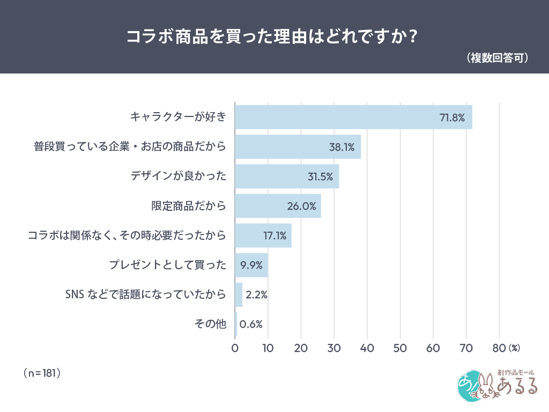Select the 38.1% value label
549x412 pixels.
point(342,147)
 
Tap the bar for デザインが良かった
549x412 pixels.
point(286,176)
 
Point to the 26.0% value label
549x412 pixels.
point(301,206)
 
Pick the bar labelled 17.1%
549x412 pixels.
point(263,236)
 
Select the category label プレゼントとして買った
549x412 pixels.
point(167,265)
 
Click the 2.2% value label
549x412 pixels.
point(256,295)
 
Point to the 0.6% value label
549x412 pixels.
point(251,324)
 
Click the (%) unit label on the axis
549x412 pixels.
point(514,348)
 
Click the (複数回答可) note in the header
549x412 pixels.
point(497,57)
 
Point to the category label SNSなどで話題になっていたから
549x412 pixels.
point(145,295)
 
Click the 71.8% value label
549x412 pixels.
point(452,117)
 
